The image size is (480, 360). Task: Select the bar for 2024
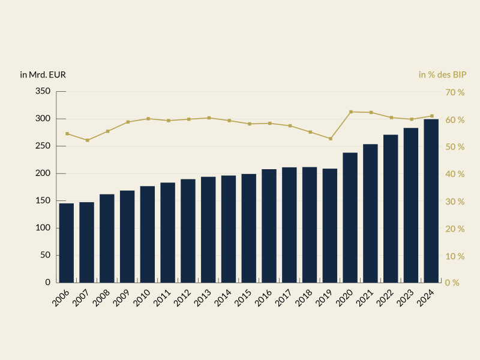point(431,201)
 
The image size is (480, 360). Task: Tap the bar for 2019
point(330,226)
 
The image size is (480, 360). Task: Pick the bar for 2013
point(208,230)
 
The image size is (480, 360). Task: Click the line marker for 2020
point(350,112)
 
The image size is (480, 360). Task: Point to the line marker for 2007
point(87,140)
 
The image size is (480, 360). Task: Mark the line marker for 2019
point(330,139)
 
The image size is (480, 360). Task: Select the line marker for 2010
point(148,119)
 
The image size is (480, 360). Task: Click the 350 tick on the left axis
point(42,92)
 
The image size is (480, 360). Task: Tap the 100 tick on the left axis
point(42,228)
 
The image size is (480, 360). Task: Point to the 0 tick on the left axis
point(47,283)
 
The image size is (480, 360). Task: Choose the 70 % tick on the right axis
point(454,92)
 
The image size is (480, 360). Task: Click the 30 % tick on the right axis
point(454,202)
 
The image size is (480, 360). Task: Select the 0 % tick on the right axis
point(452,283)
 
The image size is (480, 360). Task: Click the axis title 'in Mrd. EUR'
point(43,75)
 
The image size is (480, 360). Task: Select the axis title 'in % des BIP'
point(442,75)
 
